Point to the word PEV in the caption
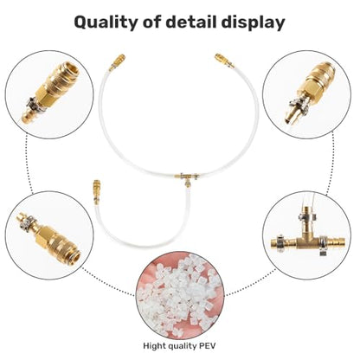tap(208, 345)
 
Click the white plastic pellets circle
tap(180, 295)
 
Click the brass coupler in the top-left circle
tap(50, 93)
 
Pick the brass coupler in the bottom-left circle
tap(48, 236)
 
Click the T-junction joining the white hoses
tap(187, 178)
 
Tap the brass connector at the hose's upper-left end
tap(117, 62)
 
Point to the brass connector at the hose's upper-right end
tap(224, 61)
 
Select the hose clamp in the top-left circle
tap(35, 105)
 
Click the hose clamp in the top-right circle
tap(299, 105)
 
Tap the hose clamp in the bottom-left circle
tap(28, 222)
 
